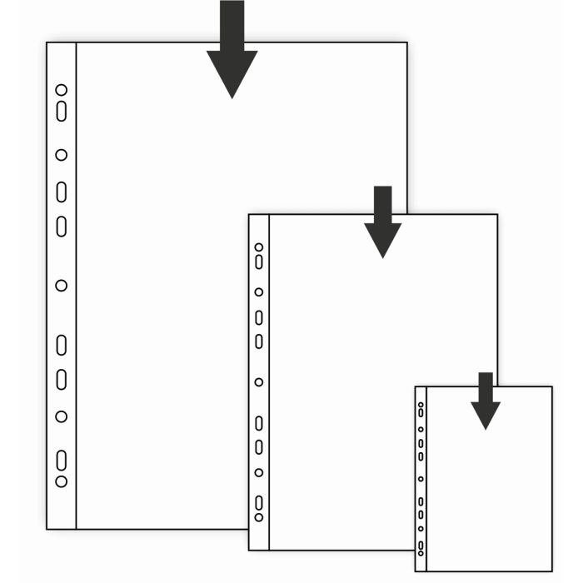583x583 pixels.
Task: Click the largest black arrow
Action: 232,58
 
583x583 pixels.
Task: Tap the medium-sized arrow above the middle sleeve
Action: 382,225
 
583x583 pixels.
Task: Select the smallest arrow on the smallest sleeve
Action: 486,404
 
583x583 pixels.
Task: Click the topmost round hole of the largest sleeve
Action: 61,90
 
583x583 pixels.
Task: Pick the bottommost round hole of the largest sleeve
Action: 61,481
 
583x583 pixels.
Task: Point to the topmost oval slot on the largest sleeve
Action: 61,111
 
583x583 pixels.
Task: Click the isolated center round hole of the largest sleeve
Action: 61,286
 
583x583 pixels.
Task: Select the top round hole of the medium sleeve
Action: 259,247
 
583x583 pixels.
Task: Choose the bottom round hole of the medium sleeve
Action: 259,517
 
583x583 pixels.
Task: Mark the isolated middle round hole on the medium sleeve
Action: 259,382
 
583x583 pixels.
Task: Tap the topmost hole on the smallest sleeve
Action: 421,406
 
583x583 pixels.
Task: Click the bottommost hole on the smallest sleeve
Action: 421,553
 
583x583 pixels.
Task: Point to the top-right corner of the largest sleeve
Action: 407,42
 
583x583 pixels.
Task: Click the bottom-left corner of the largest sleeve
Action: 47,529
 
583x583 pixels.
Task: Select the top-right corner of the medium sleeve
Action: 497,215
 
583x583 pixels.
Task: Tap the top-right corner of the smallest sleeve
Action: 552,387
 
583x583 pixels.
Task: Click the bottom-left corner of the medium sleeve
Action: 249,550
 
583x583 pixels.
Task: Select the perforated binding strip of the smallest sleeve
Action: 421,479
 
